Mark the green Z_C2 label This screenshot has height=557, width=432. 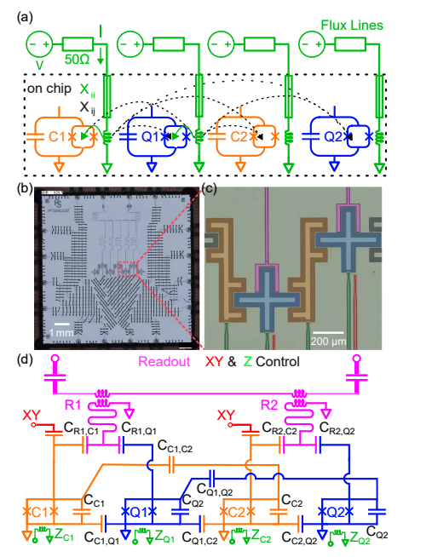[x=260, y=538]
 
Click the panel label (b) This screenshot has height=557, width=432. [x=23, y=187]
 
